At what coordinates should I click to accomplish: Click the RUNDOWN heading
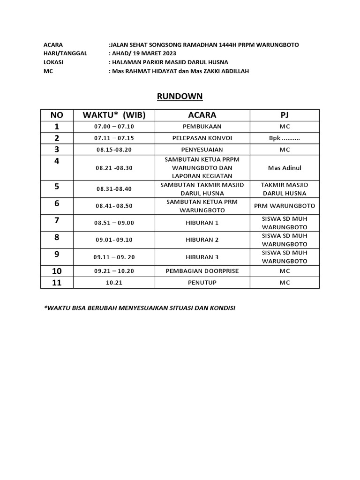tap(180, 96)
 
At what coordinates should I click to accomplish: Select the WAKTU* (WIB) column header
tap(114, 115)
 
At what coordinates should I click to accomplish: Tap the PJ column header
tap(285, 115)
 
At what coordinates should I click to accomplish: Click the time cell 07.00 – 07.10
tap(114, 127)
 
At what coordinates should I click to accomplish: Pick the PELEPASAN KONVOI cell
tap(202, 138)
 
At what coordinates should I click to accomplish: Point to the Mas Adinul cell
tap(285, 167)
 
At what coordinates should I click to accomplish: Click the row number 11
tap(57, 283)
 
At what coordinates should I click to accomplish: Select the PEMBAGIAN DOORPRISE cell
tap(202, 271)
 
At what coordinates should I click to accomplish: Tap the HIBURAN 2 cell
tap(202, 240)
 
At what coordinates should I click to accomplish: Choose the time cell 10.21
tap(114, 283)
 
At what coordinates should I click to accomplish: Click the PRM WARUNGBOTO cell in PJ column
tap(285, 206)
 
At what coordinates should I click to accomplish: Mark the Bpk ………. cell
tap(285, 138)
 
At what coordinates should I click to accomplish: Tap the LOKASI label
tap(53, 62)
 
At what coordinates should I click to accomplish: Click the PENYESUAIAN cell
tap(202, 150)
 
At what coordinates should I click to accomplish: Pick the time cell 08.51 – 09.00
tap(114, 223)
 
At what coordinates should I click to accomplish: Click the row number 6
tap(57, 203)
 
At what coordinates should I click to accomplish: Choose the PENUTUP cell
tap(202, 283)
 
